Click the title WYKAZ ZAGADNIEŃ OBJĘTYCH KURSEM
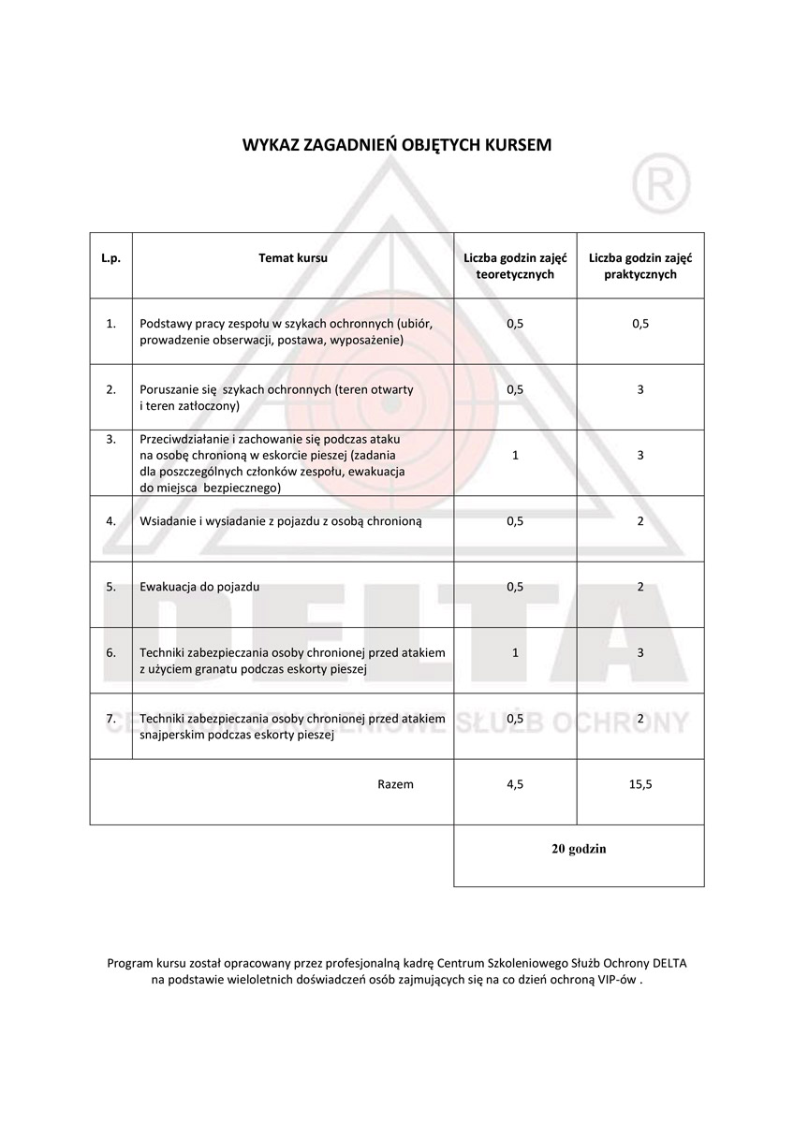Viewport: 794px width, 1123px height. (397, 145)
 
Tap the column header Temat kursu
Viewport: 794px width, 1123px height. (293, 257)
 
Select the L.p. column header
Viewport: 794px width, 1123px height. (111, 257)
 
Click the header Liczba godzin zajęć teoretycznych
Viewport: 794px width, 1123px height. (514, 266)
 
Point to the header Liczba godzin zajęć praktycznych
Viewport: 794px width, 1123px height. (640, 266)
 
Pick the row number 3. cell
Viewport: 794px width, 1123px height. (111, 438)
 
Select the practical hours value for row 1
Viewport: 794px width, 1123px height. (640, 324)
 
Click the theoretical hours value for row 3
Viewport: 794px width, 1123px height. (515, 455)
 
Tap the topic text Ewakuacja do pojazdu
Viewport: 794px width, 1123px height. (199, 587)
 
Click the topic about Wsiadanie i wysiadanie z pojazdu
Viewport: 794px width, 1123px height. (281, 521)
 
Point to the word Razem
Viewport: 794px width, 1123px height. (395, 784)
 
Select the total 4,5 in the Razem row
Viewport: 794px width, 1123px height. (515, 784)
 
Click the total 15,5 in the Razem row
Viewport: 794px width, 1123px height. (640, 784)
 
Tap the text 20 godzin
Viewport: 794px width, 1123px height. (579, 849)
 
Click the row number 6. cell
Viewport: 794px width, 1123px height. (111, 652)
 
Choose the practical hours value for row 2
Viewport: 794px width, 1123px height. (640, 389)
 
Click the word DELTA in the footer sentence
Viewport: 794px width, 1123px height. (675, 962)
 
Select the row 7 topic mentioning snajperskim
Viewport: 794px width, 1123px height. (292, 726)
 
